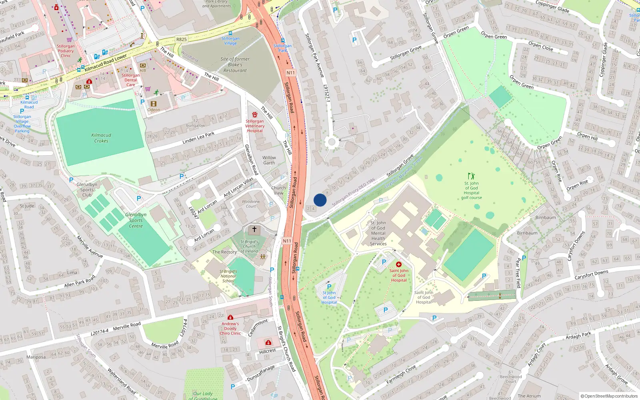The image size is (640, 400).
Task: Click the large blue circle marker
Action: click(x=320, y=200)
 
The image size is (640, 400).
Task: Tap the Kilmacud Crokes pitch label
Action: click(x=101, y=138)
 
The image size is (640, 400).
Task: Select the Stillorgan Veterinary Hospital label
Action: click(x=255, y=126)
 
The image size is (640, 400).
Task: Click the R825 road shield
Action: click(x=181, y=39)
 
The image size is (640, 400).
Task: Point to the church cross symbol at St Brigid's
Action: click(x=254, y=230)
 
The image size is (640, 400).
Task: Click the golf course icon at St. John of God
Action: click(x=471, y=176)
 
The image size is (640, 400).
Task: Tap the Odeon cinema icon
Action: click(x=154, y=104)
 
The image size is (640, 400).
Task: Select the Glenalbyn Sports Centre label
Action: click(x=136, y=220)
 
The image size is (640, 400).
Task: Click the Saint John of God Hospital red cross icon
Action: click(x=398, y=264)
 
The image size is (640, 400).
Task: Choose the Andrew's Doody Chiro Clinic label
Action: click(x=230, y=328)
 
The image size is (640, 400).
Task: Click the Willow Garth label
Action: click(x=269, y=160)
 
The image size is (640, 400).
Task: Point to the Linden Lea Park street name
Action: click(x=198, y=138)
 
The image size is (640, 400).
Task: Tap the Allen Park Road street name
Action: click(x=80, y=281)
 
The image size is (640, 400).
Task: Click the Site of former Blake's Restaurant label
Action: click(x=235, y=65)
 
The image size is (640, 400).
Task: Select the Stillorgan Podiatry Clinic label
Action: click(x=66, y=51)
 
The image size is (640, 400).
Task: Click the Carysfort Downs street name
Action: click(x=591, y=275)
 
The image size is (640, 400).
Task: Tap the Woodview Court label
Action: click(x=251, y=204)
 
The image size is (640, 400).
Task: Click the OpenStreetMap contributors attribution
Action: click(x=609, y=396)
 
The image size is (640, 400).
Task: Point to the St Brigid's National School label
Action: click(x=228, y=276)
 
